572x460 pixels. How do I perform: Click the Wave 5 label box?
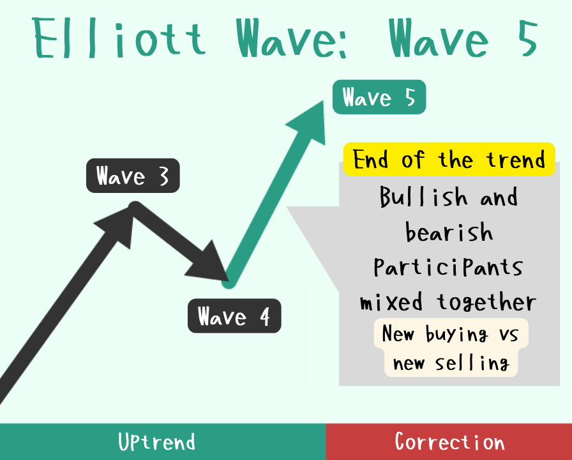(379, 97)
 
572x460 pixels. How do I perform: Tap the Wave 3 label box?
(133, 176)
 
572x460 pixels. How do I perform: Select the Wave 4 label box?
(234, 316)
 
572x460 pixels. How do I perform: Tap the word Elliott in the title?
(119, 38)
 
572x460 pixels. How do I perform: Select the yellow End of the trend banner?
(449, 159)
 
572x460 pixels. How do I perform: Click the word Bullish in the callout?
(423, 196)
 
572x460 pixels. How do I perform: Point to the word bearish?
(449, 231)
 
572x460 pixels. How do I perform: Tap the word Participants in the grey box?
(448, 267)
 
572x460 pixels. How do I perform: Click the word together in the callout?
(486, 302)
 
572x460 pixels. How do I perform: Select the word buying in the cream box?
(456, 334)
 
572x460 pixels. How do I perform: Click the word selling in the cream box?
(472, 363)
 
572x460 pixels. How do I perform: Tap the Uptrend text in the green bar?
(157, 441)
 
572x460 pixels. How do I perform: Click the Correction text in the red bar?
(450, 441)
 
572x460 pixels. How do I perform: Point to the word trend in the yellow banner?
(516, 160)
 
